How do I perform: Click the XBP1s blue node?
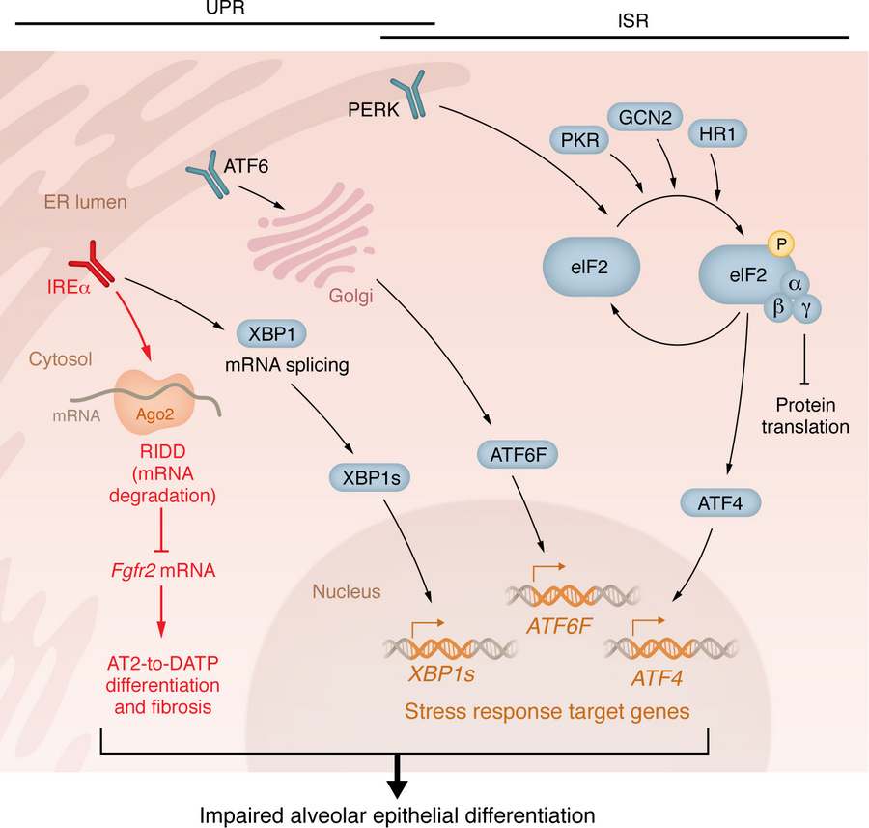[364, 477]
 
